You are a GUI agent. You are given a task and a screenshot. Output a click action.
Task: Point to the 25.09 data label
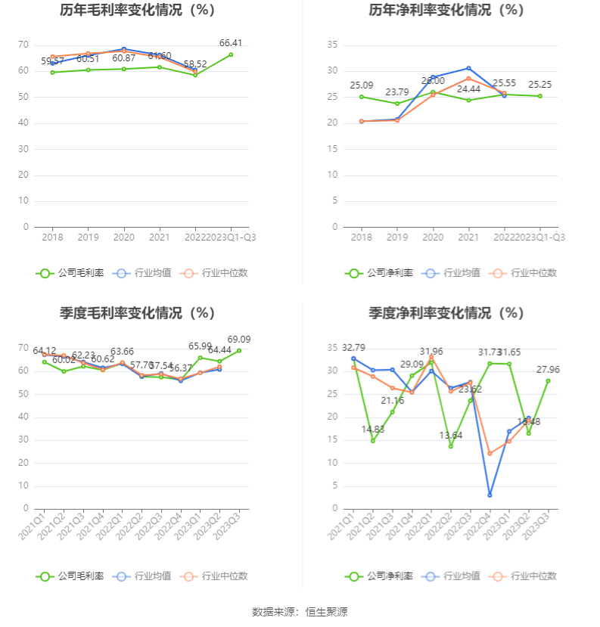362,85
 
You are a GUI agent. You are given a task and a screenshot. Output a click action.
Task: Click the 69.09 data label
238,340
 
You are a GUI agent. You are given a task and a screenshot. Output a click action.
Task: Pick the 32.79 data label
353,348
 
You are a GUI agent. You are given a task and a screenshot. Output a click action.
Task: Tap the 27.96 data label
549,370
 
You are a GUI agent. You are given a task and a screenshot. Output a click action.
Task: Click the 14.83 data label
373,430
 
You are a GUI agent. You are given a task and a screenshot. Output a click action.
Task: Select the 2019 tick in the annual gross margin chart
88,237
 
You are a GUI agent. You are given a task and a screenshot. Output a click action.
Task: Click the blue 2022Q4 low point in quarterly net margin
490,495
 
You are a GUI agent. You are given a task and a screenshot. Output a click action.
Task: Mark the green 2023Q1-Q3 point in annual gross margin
231,54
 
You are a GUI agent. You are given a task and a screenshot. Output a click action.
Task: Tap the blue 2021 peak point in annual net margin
468,68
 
